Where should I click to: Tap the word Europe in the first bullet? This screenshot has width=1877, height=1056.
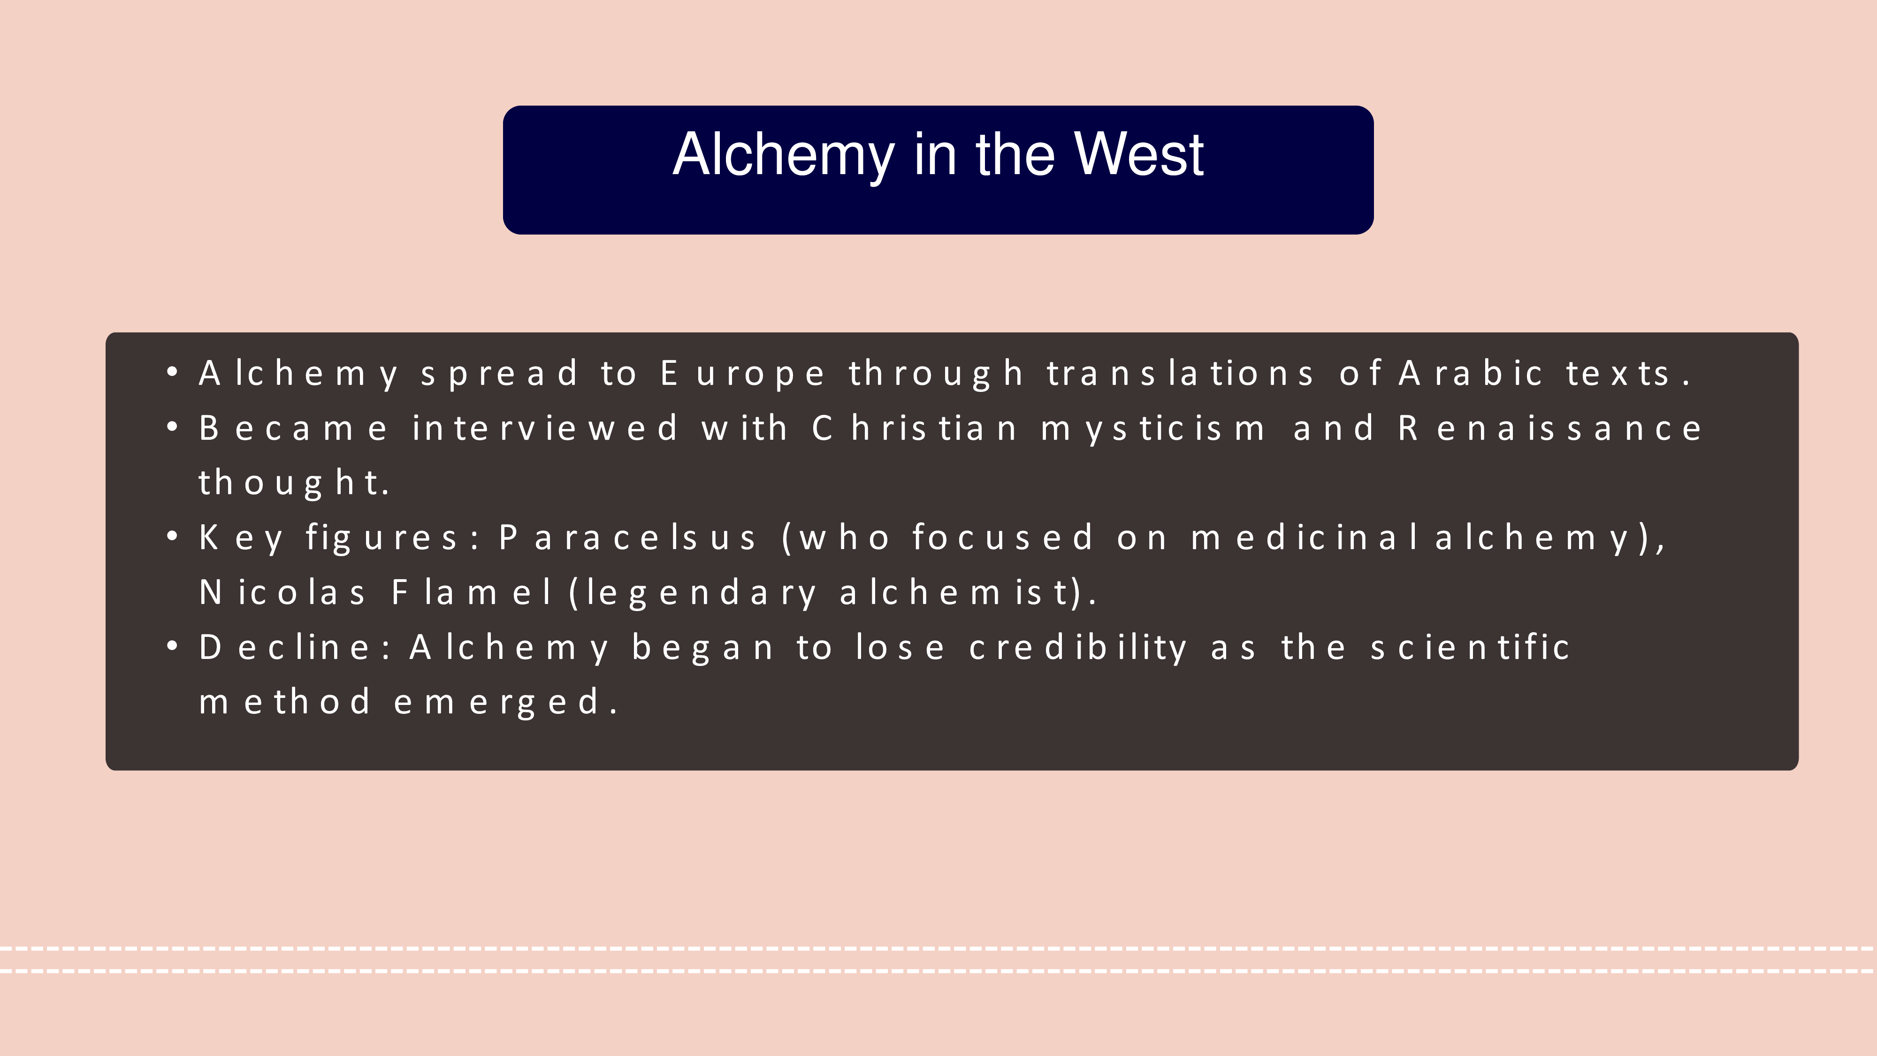tap(742, 375)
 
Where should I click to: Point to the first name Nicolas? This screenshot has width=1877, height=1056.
tap(282, 592)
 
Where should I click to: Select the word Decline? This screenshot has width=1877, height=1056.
tap(291, 647)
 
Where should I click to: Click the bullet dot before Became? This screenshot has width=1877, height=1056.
tap(173, 427)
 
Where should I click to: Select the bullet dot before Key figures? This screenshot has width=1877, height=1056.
tap(173, 537)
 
